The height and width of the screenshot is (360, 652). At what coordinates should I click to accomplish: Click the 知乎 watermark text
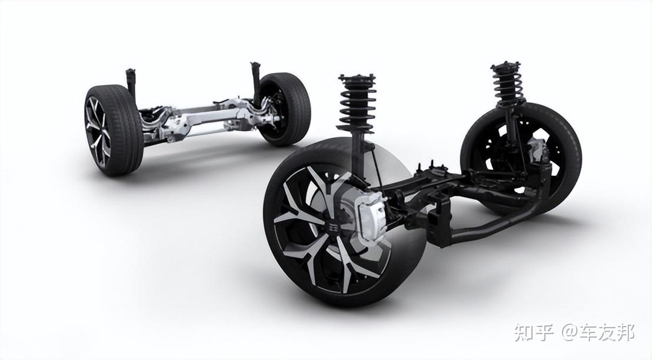[534, 332]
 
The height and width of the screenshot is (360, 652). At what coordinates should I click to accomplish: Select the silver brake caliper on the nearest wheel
[371, 215]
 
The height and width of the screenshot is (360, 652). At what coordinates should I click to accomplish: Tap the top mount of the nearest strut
[357, 78]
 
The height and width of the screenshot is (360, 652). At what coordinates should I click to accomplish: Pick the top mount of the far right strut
[505, 66]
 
